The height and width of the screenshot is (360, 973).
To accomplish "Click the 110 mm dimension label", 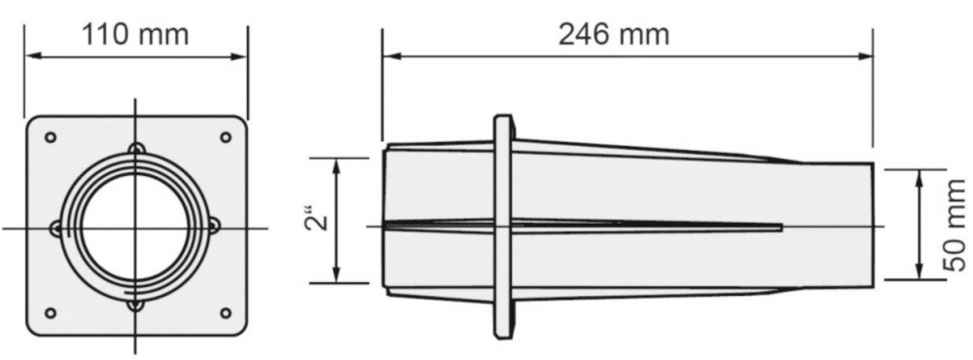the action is point(135,34).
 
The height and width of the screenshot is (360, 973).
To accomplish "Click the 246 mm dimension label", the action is point(614,34).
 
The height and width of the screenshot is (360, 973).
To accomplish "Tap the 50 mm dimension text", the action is point(955,226).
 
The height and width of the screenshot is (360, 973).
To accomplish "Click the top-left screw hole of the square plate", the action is point(51,137).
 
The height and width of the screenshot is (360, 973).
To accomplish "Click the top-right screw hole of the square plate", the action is point(226,137).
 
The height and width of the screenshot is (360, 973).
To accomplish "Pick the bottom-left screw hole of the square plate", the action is point(51,313).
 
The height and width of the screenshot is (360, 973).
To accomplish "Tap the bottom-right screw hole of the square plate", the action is point(226,313).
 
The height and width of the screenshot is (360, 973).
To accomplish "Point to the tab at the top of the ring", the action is point(136,148).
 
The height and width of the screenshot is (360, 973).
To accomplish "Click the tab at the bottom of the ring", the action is point(136,305).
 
